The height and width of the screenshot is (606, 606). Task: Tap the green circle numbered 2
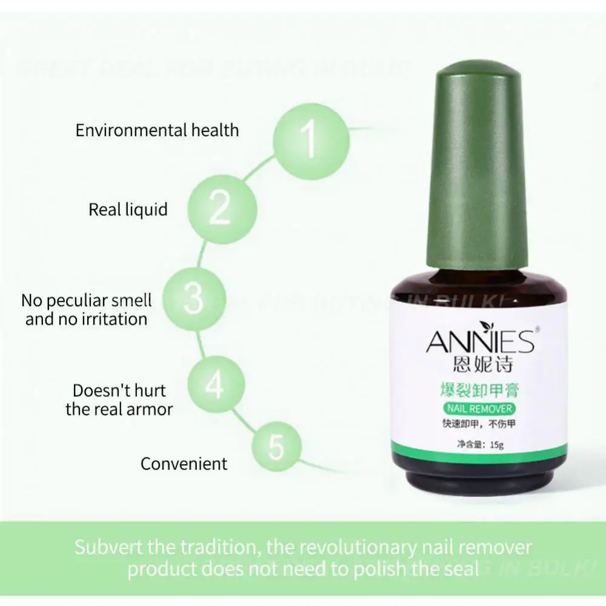[x=219, y=208]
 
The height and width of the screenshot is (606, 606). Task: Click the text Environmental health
[x=157, y=130]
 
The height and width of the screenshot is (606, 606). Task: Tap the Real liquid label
[x=128, y=210]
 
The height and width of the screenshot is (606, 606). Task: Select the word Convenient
[x=184, y=464]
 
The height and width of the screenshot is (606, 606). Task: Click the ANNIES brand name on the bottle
[x=479, y=342]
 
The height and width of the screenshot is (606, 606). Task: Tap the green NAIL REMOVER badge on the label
[x=479, y=408]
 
